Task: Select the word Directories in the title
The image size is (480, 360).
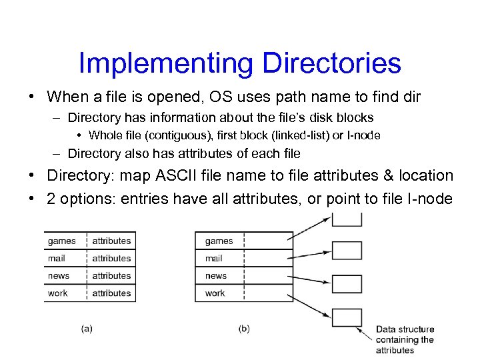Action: [331, 63]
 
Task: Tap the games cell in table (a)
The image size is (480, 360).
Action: [62, 241]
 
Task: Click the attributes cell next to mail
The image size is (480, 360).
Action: [111, 258]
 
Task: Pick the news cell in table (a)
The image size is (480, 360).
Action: [59, 275]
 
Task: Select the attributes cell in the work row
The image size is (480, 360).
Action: [111, 293]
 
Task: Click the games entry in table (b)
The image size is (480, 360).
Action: [219, 241]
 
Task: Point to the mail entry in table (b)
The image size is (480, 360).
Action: [214, 258]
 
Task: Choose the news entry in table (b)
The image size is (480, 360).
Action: [216, 275]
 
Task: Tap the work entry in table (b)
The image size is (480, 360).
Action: [215, 293]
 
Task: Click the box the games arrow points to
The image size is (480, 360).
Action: [347, 219]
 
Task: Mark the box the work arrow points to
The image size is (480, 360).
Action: [347, 317]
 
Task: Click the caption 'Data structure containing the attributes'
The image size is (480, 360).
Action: [404, 339]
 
